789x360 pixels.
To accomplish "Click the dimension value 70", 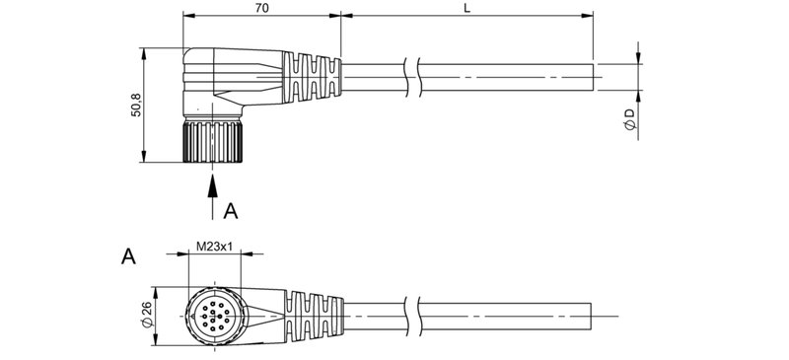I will [261, 8].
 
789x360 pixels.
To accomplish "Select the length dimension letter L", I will [466, 8].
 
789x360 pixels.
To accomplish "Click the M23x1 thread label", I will [213, 247].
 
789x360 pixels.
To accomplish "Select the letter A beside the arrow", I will [231, 210].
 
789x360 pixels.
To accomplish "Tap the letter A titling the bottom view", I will [127, 257].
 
